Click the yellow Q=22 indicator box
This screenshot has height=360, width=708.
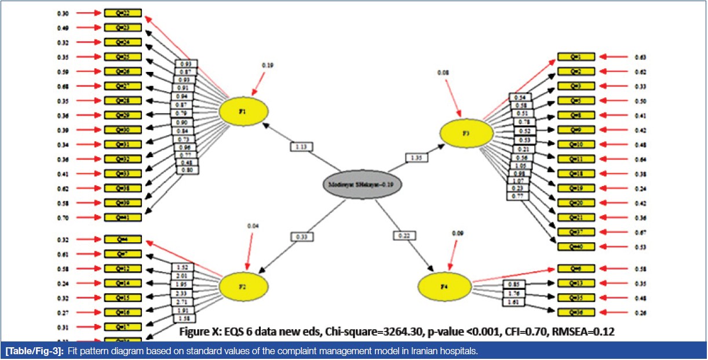point(122,13)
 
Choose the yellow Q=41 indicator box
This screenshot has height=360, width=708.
point(122,217)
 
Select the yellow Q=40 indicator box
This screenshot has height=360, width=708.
point(576,247)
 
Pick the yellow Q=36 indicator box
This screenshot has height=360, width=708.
point(576,312)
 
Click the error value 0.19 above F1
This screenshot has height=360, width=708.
point(267,66)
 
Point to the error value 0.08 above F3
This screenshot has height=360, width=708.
point(444,72)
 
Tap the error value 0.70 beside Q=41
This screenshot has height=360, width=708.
point(64,218)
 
